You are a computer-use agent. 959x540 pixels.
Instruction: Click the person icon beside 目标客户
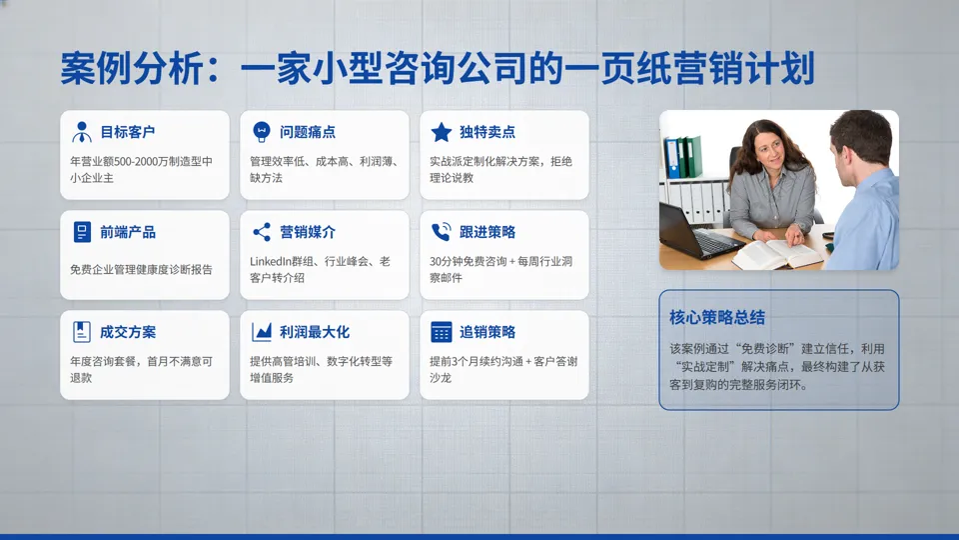click(x=82, y=132)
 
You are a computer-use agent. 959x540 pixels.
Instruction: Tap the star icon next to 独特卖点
click(x=442, y=132)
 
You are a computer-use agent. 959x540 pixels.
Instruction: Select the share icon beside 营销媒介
click(x=262, y=232)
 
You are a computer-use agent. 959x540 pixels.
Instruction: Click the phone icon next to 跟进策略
click(x=442, y=232)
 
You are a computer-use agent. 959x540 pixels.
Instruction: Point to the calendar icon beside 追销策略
click(x=442, y=332)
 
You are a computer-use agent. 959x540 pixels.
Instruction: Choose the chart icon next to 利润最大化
click(x=262, y=332)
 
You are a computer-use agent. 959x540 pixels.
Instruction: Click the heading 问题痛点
click(x=308, y=132)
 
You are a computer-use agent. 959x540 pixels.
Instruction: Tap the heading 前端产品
click(x=128, y=232)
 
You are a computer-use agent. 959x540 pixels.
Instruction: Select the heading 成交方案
click(x=128, y=332)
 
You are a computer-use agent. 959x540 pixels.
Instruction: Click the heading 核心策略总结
click(x=717, y=317)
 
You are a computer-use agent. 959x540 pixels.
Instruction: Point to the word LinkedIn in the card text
click(x=273, y=261)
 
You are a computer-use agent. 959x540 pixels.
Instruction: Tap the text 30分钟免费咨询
click(x=467, y=261)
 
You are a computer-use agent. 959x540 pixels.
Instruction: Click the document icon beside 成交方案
click(x=82, y=332)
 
